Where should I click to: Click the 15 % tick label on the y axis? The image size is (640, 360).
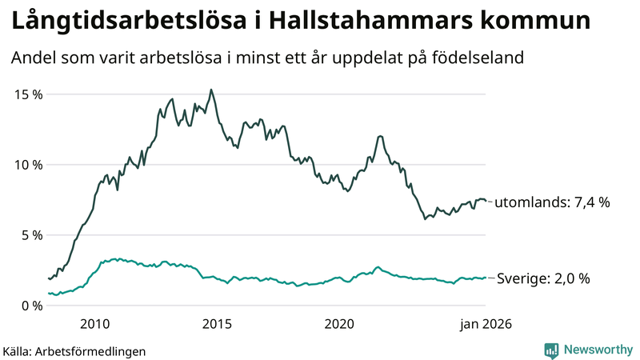(28, 94)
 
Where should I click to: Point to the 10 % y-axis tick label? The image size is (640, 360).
(28, 165)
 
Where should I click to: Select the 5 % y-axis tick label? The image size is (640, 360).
(31, 235)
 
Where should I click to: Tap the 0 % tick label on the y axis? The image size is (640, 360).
(31, 306)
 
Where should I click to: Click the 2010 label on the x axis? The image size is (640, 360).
(94, 324)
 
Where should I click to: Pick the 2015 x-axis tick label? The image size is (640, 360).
(217, 324)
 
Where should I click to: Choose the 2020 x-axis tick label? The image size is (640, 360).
(339, 324)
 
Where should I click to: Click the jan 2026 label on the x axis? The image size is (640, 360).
(485, 324)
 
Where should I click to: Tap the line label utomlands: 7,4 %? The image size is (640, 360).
(552, 203)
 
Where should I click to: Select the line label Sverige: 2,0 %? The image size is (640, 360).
(543, 279)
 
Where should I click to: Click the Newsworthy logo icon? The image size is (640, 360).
(551, 350)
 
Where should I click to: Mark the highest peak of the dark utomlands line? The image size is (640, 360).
(210, 90)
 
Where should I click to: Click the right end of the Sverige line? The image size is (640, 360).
(486, 278)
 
